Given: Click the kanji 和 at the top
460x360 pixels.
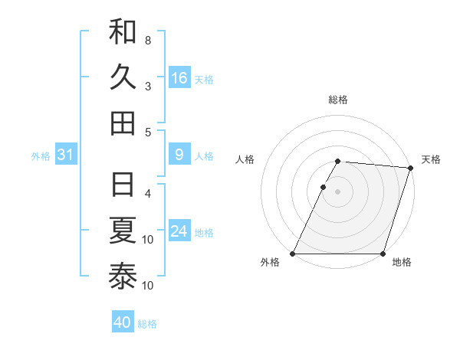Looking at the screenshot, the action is tap(123, 32).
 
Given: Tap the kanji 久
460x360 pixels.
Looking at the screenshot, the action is tap(123, 77).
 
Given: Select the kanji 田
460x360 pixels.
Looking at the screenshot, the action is tap(123, 123).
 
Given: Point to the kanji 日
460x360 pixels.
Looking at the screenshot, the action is tap(123, 185).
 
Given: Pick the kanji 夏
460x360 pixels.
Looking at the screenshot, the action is tap(123, 231).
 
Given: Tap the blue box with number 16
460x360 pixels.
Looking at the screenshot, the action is tap(179, 78).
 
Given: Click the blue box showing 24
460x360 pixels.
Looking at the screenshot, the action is tap(179, 231).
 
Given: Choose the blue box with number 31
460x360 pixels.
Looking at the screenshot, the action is tap(65, 155).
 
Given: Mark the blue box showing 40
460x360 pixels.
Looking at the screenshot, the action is tap(123, 322).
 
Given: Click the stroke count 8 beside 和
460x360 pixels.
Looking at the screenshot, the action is tap(148, 40).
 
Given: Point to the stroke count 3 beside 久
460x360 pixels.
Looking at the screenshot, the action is tap(148, 86).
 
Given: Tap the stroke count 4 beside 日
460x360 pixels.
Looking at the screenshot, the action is tap(148, 193).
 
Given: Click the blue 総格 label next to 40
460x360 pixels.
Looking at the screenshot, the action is tap(147, 324).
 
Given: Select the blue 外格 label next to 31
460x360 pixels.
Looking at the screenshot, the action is tap(41, 156).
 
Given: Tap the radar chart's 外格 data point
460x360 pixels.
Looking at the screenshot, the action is tap(293, 254).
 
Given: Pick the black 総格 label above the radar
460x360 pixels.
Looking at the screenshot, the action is tap(338, 100).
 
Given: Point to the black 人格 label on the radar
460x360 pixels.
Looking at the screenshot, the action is tap(245, 159).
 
